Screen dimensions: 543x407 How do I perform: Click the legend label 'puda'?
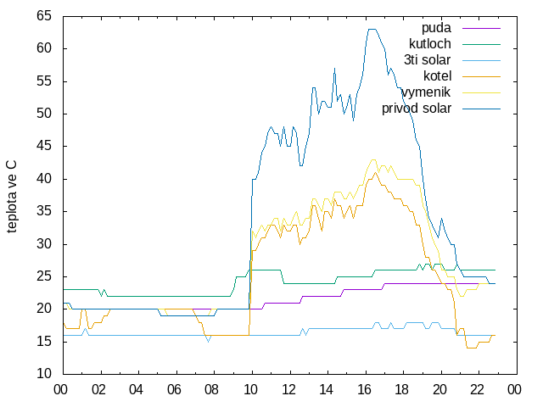[x=436, y=28]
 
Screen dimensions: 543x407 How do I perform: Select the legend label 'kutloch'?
[x=430, y=44]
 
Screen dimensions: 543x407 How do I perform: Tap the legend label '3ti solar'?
[x=427, y=60]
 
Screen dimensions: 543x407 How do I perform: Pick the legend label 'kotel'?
[x=438, y=75]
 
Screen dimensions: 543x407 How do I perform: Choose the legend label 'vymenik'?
[x=426, y=92]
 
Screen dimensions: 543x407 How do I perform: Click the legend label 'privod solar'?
[x=417, y=109]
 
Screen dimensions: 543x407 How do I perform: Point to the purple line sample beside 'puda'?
[x=481, y=28]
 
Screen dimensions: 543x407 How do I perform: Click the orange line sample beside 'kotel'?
[x=481, y=76]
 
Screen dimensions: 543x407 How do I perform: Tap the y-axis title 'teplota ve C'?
[x=11, y=197]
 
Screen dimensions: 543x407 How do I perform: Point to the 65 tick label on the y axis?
[x=44, y=16]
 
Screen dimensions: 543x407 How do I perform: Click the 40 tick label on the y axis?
[x=44, y=179]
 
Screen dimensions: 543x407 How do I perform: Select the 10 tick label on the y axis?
[x=44, y=374]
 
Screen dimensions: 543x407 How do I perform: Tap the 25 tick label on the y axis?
[x=44, y=276]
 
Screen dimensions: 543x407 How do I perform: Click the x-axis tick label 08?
[x=211, y=390]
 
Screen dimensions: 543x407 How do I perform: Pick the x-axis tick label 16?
[x=364, y=390]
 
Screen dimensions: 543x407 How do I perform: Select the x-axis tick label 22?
[x=477, y=390]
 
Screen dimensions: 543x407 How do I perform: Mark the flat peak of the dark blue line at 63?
[x=372, y=29]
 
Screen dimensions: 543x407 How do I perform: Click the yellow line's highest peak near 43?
[x=373, y=160]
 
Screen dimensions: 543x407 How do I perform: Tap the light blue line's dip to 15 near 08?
[x=208, y=342]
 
